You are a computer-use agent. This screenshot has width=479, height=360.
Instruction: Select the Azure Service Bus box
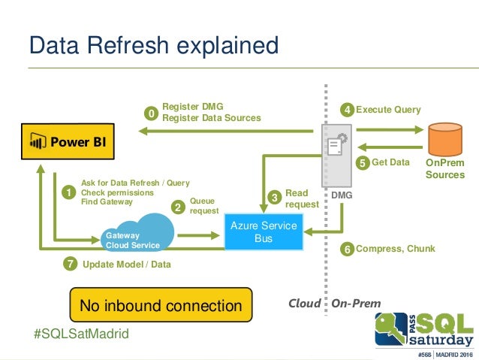coord(264,232)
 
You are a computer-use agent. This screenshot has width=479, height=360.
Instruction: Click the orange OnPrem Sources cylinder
coord(444,138)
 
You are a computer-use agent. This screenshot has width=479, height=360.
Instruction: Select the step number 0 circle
coord(151,113)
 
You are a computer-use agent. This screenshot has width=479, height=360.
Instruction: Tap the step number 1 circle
coord(69,193)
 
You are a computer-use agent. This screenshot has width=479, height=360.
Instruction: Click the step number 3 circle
coord(275,197)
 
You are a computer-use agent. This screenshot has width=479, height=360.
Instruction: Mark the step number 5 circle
coord(362,162)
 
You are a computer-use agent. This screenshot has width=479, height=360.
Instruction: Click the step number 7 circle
coord(69,265)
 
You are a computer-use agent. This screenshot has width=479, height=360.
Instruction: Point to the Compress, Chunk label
coord(395,249)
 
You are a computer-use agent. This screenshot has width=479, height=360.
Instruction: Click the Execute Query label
coord(388,110)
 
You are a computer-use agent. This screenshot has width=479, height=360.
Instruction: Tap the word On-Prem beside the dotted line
coord(357,304)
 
